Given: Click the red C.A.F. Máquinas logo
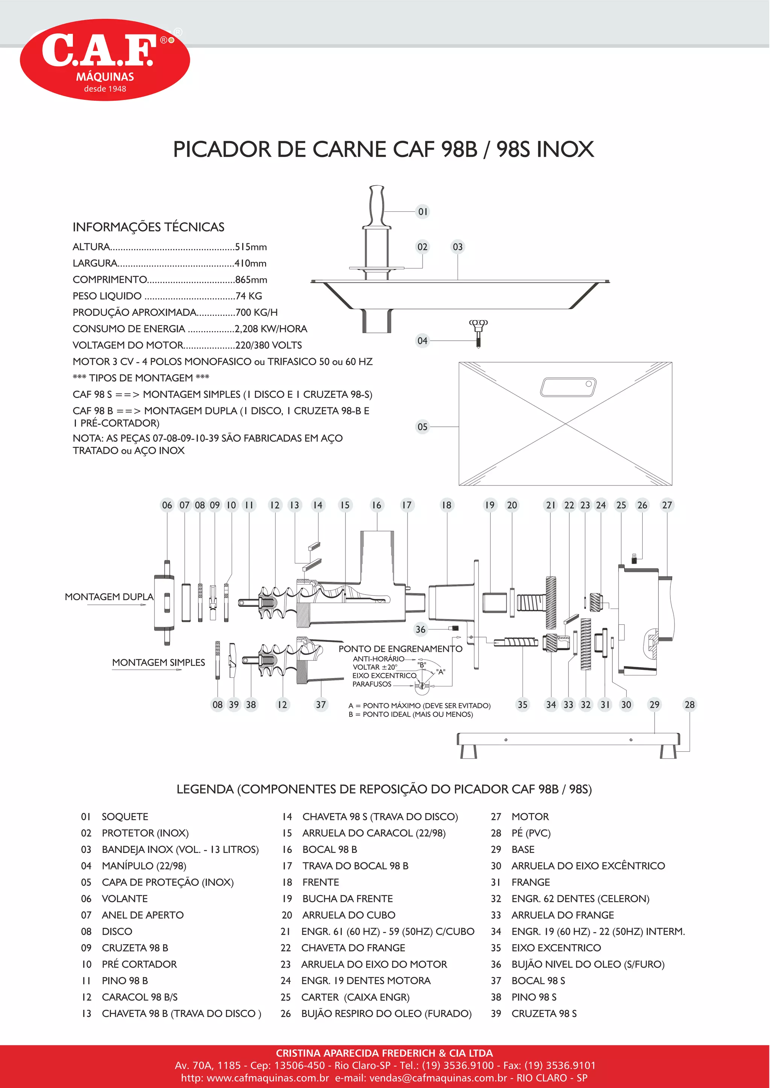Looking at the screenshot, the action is point(105,60).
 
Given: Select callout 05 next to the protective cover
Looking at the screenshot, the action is point(423,427).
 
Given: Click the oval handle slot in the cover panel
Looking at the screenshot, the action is point(568,387).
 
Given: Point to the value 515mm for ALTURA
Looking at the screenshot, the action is point(251,247).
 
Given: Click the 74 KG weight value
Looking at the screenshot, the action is point(249,296).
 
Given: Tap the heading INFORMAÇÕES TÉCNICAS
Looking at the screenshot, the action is point(149,227).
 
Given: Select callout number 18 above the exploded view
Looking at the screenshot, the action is point(447,505).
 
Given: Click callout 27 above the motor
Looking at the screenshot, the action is point(667,505).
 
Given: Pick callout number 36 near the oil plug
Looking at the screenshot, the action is point(421,630).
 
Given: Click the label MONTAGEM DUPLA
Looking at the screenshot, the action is point(109,596).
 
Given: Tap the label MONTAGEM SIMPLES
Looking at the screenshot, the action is point(158,663).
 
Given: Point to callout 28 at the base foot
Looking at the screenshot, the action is point(690,705).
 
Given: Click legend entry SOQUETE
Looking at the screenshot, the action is point(125,817).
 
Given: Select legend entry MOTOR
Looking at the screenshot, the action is point(530,817).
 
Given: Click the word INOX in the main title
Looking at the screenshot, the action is point(565,149).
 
